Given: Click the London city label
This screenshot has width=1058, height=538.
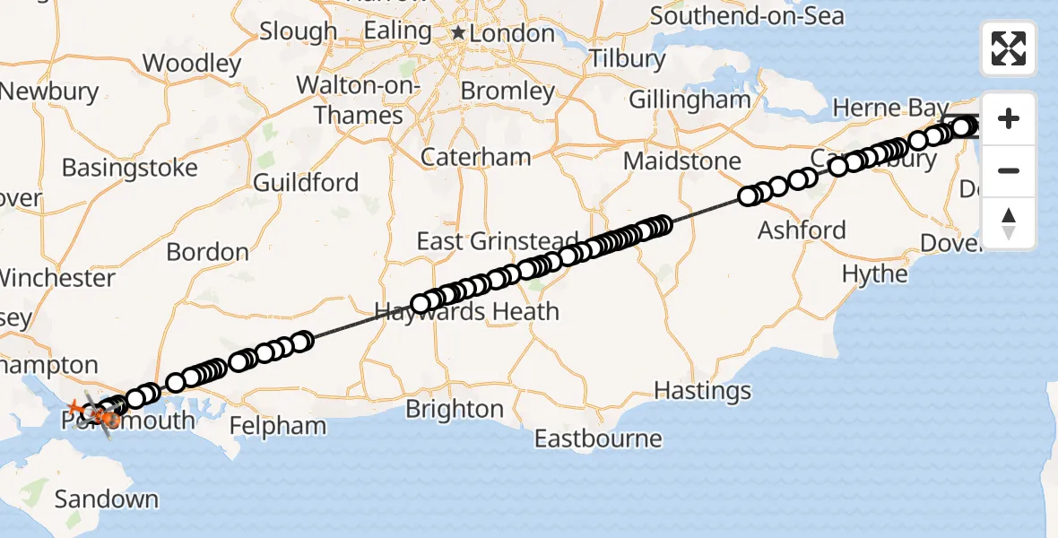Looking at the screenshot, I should [514, 34].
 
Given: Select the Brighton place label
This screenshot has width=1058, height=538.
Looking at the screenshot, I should [455, 409].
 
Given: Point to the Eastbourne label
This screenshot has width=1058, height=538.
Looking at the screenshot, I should [598, 439].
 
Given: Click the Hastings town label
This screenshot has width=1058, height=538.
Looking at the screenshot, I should [702, 391].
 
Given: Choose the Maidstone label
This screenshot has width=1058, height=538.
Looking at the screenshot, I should [682, 162].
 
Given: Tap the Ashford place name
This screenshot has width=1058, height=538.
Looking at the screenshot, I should [802, 230].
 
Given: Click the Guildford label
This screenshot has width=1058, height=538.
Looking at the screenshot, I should [306, 183].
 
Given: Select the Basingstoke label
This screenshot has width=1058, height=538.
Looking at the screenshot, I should [130, 168].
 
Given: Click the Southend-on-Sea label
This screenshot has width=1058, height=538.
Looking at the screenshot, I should [747, 16].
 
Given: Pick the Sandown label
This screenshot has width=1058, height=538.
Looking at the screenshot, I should [107, 499].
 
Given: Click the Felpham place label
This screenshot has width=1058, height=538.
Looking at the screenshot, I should [278, 425].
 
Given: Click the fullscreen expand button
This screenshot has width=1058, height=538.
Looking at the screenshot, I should [1009, 48].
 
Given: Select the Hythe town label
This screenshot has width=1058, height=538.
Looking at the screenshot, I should [875, 273].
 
